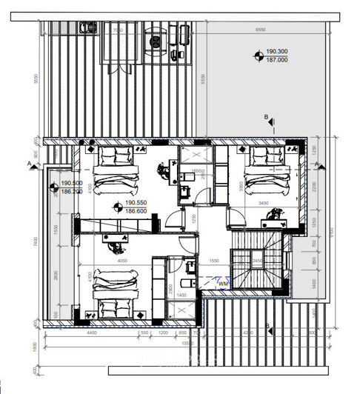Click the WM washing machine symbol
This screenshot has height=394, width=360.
[x=222, y=282]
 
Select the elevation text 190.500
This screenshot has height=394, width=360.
[x=71, y=184]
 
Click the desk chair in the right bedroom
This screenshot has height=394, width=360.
[x=270, y=216]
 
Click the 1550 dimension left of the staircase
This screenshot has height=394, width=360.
[x=213, y=261]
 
